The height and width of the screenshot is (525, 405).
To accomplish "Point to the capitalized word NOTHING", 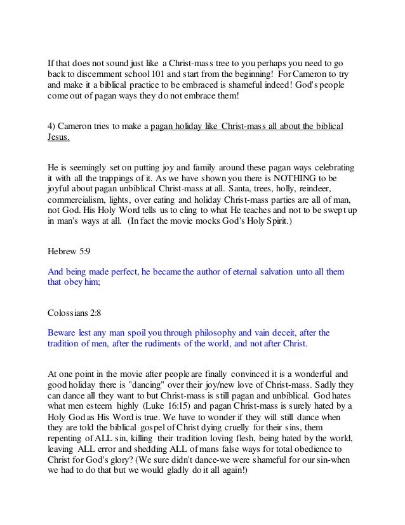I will click(293, 179).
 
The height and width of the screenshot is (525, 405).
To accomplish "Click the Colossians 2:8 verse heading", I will click(77, 313).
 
